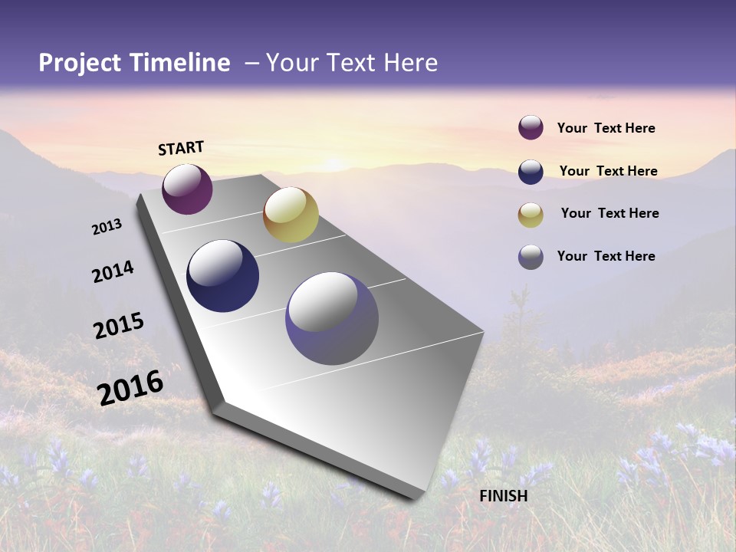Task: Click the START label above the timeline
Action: (x=181, y=148)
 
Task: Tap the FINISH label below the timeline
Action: (x=504, y=496)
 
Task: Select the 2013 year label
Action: (x=107, y=227)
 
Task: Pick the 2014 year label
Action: (x=113, y=272)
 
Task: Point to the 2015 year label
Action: (x=119, y=326)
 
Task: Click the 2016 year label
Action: (x=131, y=388)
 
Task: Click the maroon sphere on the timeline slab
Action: (x=187, y=189)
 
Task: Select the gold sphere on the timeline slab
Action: (x=291, y=215)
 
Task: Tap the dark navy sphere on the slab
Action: (x=222, y=276)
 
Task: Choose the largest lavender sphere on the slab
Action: (x=332, y=318)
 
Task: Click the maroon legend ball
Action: (x=531, y=128)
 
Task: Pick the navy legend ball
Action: (x=531, y=172)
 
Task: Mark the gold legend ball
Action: (x=531, y=215)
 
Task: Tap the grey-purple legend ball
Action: (x=531, y=257)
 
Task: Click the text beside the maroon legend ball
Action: (x=606, y=129)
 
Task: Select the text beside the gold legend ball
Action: (x=610, y=213)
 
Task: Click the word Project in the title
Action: (x=79, y=63)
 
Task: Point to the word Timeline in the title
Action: (x=181, y=63)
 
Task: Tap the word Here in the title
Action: (x=410, y=63)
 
